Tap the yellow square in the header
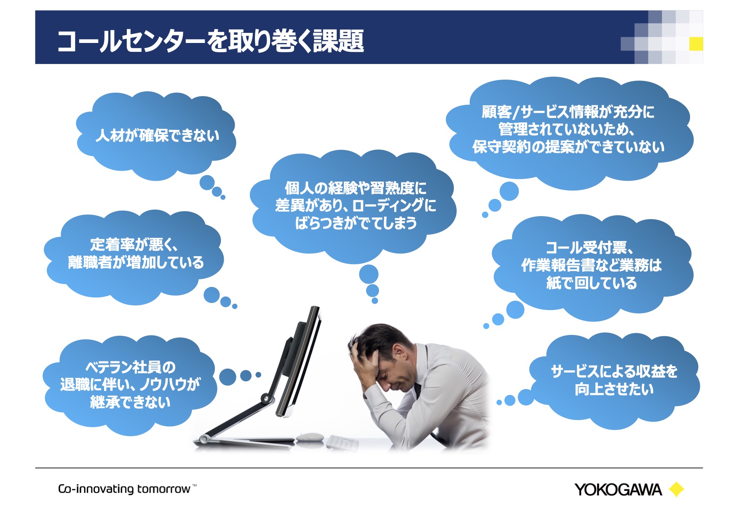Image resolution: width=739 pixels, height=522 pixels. tap(696, 44)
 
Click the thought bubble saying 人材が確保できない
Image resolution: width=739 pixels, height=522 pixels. tap(156, 136)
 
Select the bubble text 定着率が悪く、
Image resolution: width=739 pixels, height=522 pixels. tap(134, 245)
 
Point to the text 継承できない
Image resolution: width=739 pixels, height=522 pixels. tap(130, 402)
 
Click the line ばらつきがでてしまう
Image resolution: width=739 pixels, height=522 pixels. tap(356, 223)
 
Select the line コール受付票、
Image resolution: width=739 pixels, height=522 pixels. tap(590, 247)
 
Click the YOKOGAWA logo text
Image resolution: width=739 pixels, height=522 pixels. tap(618, 490)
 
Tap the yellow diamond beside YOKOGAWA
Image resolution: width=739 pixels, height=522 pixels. tap(676, 490)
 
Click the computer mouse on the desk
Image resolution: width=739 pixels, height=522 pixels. tap(310, 437)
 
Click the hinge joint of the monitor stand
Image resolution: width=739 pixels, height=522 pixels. tap(265, 398)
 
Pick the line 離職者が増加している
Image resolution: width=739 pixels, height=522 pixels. tap(136, 262)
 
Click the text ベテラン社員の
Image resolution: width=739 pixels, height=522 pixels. tap(131, 367)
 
